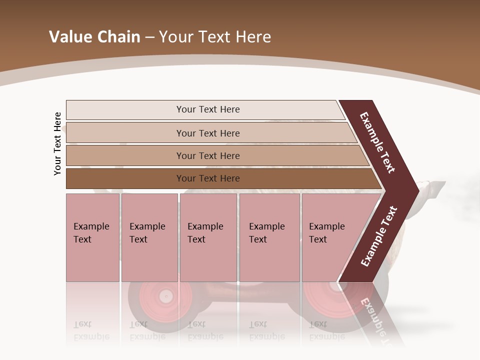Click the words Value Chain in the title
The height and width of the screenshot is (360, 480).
pyautogui.click(x=94, y=37)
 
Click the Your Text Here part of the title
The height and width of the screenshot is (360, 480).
pyautogui.click(x=215, y=37)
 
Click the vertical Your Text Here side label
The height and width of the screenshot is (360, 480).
pyautogui.click(x=57, y=144)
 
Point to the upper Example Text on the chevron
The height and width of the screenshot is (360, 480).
pyautogui.click(x=377, y=142)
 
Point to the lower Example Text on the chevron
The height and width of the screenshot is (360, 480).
pyautogui.click(x=379, y=236)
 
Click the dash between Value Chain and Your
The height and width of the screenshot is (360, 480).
pyautogui.click(x=149, y=37)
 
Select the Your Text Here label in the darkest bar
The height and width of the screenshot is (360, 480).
pyautogui.click(x=208, y=178)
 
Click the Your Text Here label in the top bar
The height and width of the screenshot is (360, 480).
pyautogui.click(x=208, y=109)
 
